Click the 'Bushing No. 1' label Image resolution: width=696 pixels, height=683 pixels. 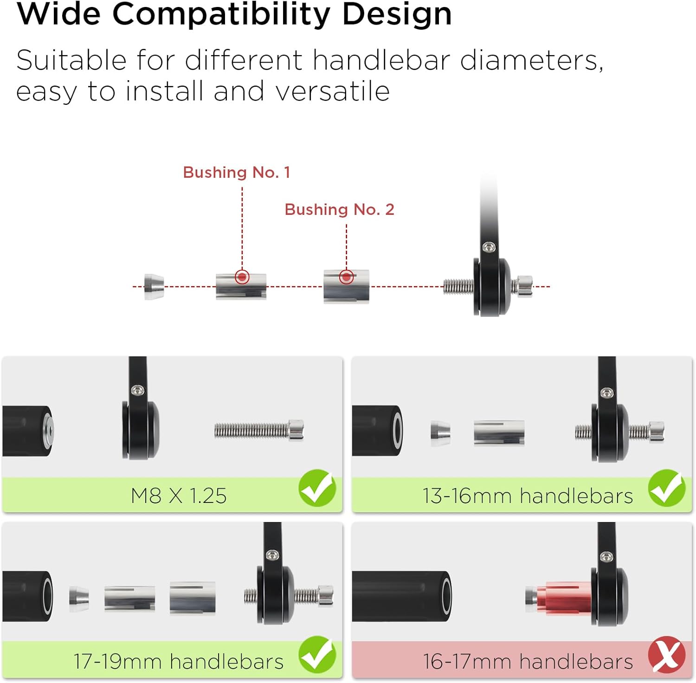click(237, 172)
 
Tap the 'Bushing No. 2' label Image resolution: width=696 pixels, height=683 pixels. click(339, 209)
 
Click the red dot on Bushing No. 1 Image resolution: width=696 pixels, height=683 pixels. click(242, 277)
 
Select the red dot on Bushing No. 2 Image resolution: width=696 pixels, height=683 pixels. click(346, 277)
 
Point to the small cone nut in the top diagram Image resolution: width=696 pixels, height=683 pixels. click(154, 287)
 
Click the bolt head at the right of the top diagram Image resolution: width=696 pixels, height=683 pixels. click(523, 286)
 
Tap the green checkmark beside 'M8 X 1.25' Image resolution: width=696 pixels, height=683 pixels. click(317, 488)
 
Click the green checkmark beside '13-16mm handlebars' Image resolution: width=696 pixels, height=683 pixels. click(667, 488)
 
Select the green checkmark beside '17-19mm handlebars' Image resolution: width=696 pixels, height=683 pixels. click(317, 654)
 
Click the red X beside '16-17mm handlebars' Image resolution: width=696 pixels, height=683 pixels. click(667, 655)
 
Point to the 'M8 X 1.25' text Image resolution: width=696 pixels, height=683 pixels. click(179, 496)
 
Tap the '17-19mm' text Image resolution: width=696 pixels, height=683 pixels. click(118, 662)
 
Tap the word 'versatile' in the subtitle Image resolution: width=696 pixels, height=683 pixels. click(333, 91)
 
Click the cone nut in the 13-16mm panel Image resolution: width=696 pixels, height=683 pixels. click(440, 433)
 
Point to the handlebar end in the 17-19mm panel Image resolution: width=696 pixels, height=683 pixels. click(28, 597)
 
